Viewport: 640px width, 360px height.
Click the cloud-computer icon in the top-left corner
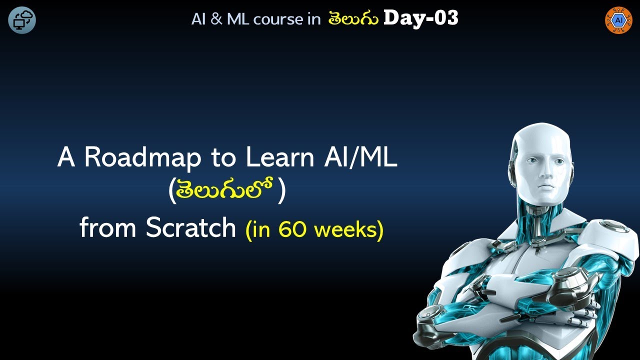point(22,20)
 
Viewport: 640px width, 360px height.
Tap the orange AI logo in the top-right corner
point(618,20)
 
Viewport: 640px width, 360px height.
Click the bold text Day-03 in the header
point(420,18)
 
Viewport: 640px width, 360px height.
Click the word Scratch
point(191,228)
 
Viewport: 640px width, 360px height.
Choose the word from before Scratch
point(107,228)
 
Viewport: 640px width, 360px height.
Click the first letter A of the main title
point(65,158)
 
